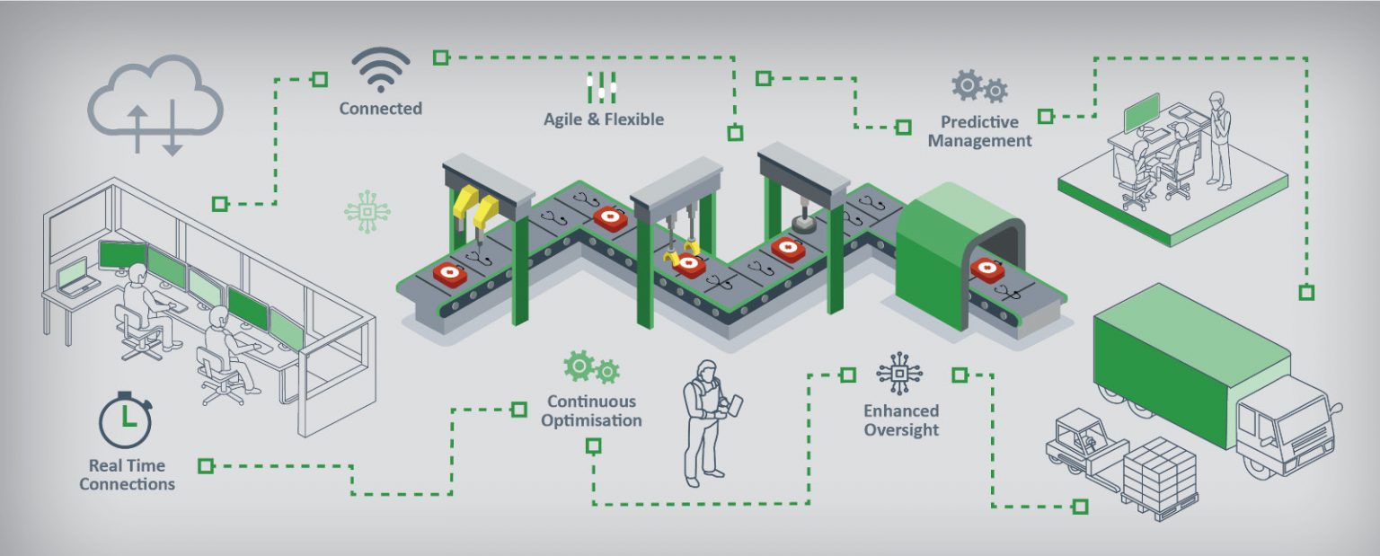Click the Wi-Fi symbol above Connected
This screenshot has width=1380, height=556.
pos(380,70)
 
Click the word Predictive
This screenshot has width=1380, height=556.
pos(979,122)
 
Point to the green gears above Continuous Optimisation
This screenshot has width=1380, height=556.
pos(591,366)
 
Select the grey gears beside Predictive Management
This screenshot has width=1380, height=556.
pos(979,86)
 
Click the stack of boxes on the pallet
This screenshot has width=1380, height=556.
pos(1160,472)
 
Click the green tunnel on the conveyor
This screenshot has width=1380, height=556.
pos(943,251)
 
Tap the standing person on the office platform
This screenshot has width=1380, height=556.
pos(1218,139)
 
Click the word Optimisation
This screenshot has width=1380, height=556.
pos(591,420)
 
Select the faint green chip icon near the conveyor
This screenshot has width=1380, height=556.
pos(367,212)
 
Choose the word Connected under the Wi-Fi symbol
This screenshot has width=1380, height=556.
pos(380,109)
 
